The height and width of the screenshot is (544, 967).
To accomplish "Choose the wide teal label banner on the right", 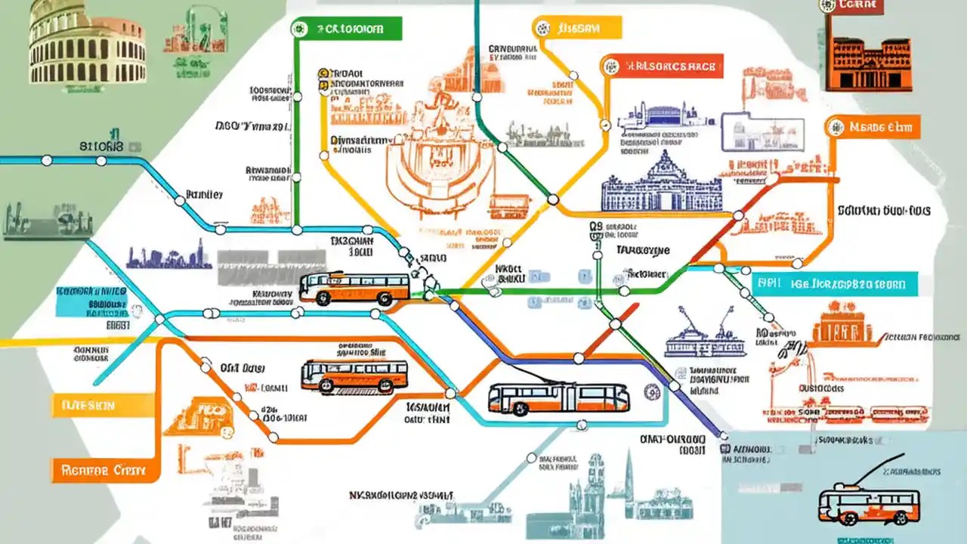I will click(835, 284).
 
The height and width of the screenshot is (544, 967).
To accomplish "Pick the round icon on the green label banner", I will click(300, 29).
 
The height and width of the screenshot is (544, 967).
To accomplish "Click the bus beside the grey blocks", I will click(354, 289).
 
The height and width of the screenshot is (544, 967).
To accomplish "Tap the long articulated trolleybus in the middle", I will click(558, 397).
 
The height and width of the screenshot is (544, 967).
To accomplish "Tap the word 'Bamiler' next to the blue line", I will click(204, 194).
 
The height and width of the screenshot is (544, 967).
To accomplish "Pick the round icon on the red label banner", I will click(611, 66).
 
